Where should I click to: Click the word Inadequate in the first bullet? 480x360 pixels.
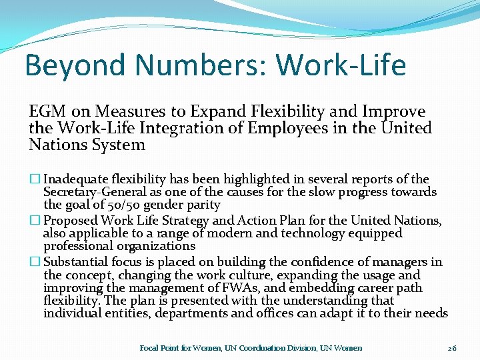(77, 179)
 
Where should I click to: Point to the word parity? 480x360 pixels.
(204, 205)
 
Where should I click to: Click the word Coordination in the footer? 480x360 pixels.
(262, 348)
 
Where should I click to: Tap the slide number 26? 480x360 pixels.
(452, 348)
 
